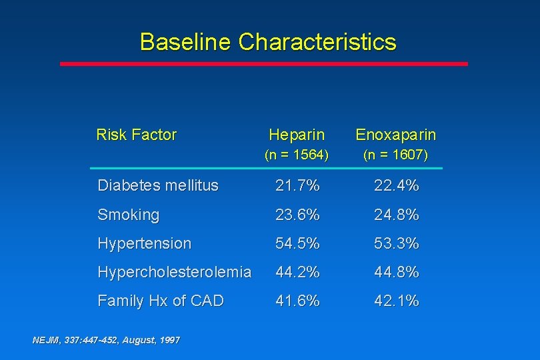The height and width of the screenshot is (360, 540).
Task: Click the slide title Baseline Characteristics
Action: tap(268, 42)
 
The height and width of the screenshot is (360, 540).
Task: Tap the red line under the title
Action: tap(264, 64)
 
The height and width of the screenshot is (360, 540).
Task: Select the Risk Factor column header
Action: tap(137, 135)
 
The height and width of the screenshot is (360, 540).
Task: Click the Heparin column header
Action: tap(297, 135)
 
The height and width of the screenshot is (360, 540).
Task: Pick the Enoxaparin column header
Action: tap(396, 135)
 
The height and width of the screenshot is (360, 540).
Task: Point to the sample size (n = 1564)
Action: tap(297, 155)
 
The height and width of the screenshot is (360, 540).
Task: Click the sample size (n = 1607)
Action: tap(396, 155)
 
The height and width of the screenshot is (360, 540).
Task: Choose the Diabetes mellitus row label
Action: tap(158, 186)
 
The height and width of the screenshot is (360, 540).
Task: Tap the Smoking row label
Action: tap(129, 215)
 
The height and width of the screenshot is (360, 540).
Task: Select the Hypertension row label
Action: tap(144, 243)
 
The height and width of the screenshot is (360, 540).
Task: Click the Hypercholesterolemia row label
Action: tap(175, 272)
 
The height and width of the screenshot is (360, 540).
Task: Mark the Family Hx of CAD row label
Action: tap(161, 301)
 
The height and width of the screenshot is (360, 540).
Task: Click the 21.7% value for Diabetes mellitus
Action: tap(298, 186)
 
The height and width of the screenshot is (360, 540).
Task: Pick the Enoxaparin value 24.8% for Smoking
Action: tap(397, 215)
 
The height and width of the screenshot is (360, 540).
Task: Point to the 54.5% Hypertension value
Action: tap(298, 243)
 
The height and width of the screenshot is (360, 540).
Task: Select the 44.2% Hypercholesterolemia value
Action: tap(298, 272)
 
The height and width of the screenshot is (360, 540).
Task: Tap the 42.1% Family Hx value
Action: tap(397, 301)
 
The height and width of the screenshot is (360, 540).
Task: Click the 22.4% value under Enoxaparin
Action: tap(397, 186)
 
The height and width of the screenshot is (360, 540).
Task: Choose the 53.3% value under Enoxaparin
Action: tap(397, 243)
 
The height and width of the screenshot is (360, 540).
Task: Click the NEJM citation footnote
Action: tap(106, 340)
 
